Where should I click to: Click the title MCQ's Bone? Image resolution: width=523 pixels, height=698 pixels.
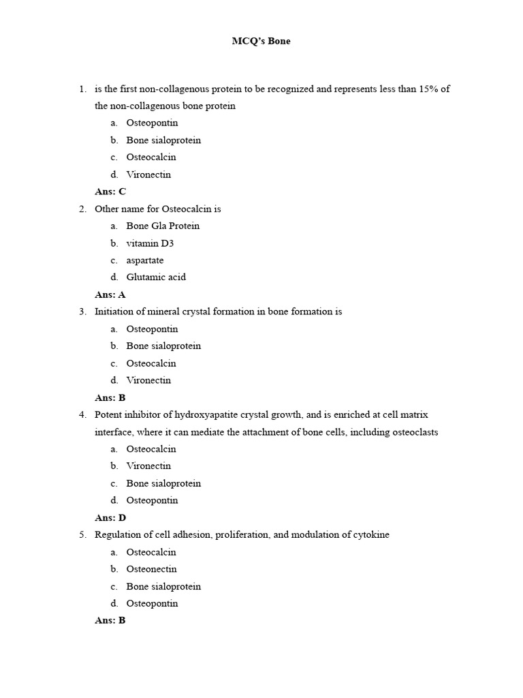click(x=261, y=42)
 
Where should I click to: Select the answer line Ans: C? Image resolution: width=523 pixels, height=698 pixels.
click(x=110, y=192)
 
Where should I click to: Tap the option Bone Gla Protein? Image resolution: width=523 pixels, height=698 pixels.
click(x=163, y=226)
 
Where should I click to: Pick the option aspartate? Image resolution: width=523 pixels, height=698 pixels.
click(x=145, y=260)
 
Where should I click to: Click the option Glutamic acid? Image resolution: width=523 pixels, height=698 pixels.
click(x=156, y=277)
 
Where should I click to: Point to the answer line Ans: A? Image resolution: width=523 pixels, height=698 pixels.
click(x=110, y=295)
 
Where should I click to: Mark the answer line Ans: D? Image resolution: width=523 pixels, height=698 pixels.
click(x=110, y=518)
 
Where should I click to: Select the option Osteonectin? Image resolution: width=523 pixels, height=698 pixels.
click(x=151, y=569)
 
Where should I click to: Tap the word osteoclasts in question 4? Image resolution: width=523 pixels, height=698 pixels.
click(x=415, y=432)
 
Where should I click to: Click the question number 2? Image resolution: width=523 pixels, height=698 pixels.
click(x=82, y=209)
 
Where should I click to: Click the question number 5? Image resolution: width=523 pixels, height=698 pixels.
click(x=82, y=535)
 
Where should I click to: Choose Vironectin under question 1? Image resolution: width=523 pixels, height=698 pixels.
click(x=148, y=174)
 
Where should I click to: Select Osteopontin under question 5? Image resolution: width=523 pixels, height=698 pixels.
click(x=152, y=603)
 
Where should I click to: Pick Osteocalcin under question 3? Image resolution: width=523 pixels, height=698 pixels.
click(x=151, y=363)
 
